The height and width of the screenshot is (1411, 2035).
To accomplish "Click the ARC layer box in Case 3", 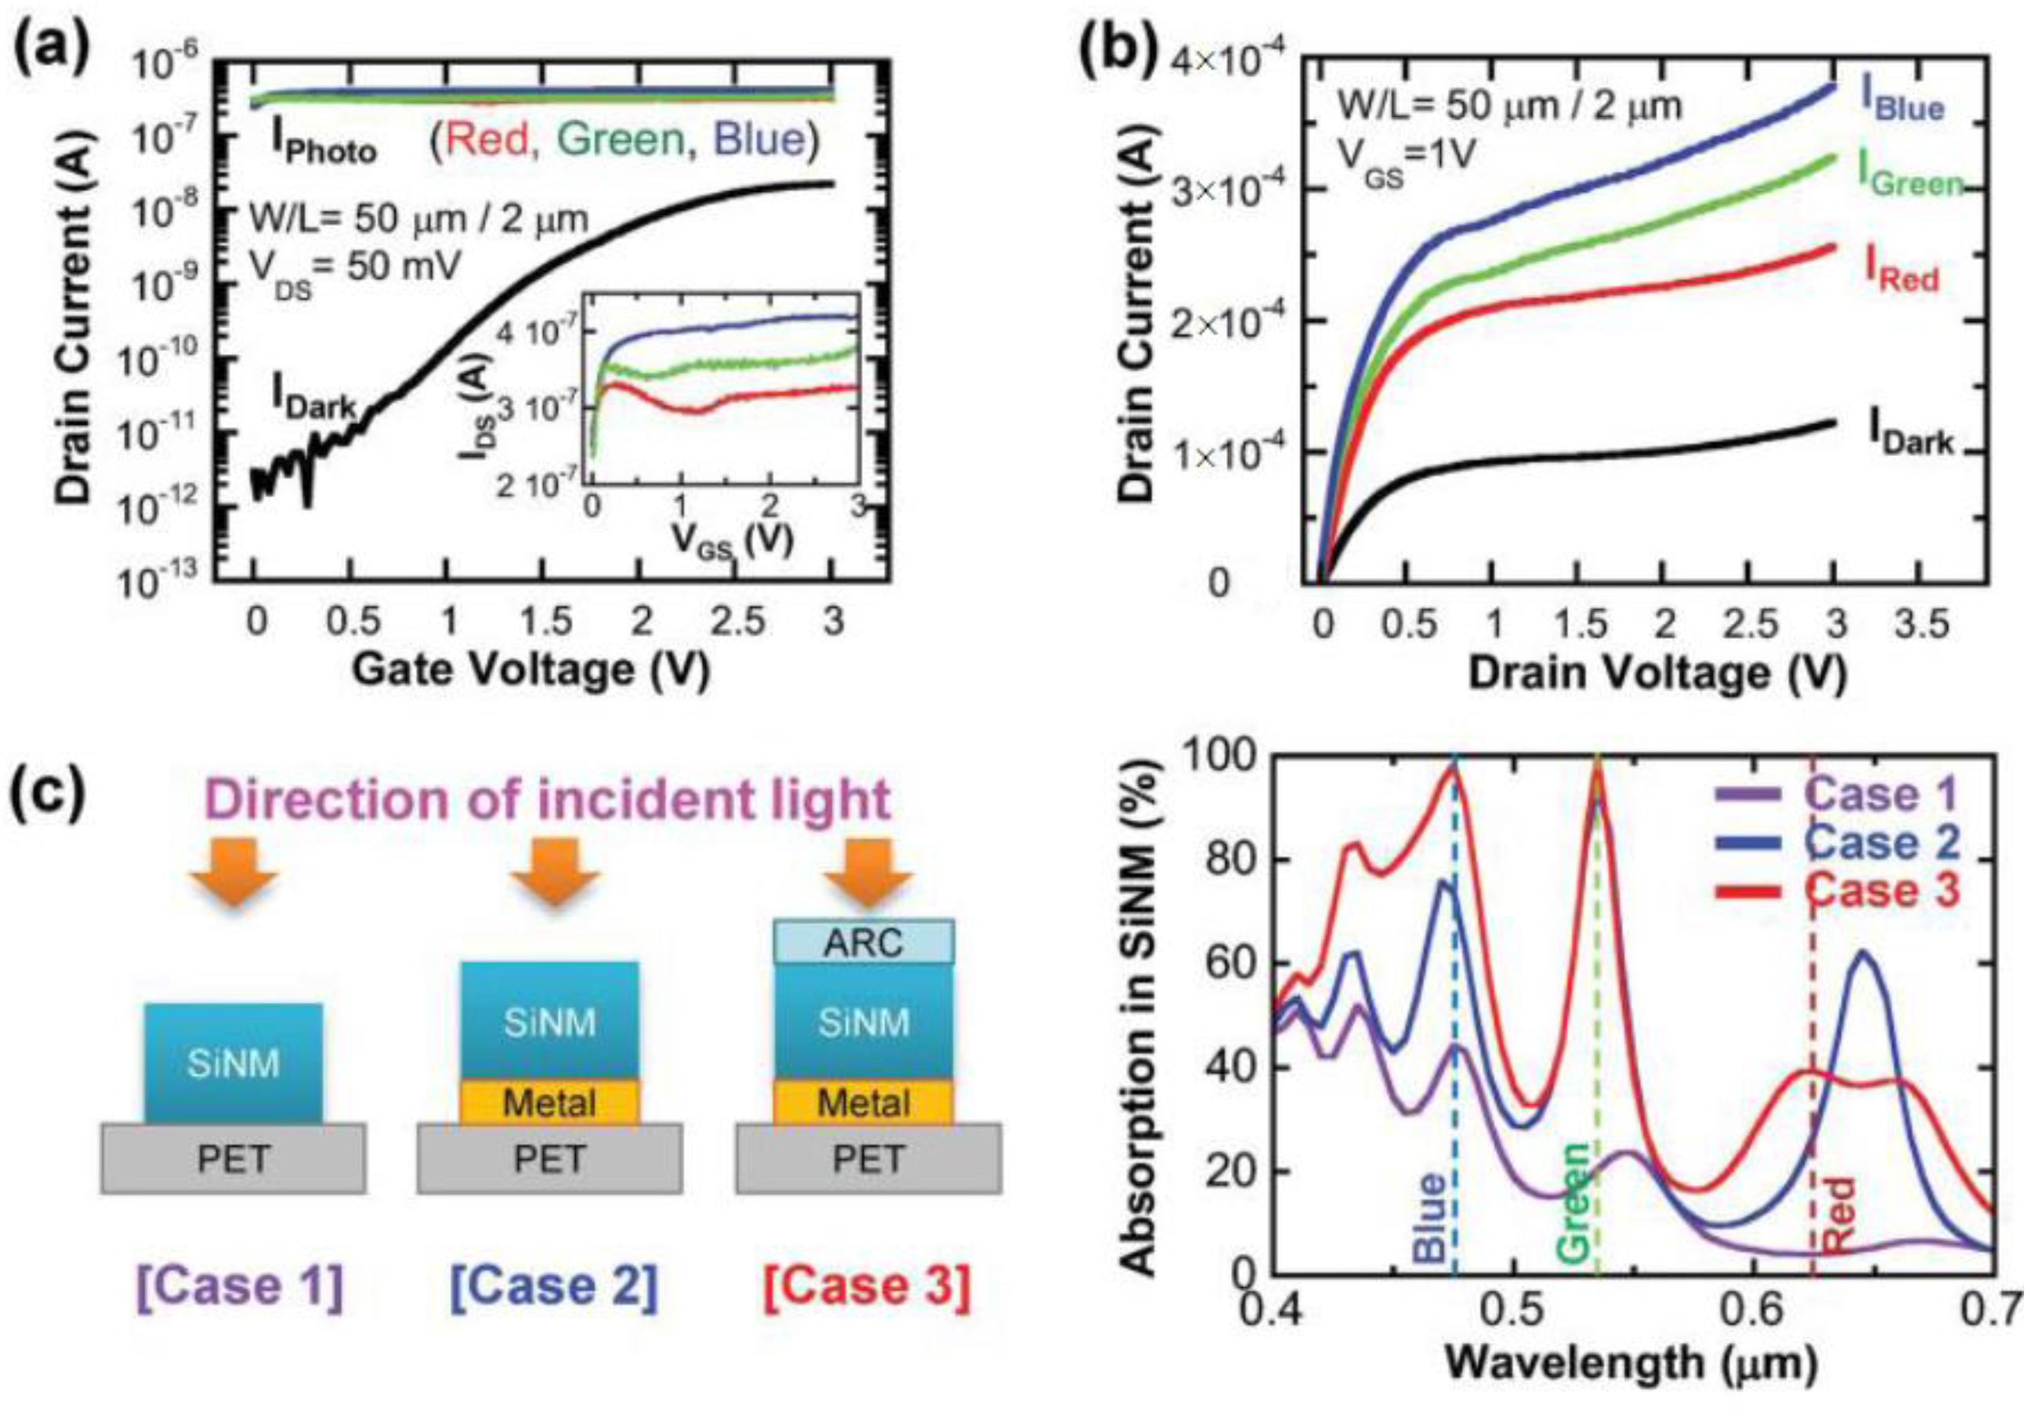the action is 864,941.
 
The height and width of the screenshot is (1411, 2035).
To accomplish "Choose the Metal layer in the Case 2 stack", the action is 549,1101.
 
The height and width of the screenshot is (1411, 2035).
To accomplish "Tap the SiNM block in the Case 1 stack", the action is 234,1063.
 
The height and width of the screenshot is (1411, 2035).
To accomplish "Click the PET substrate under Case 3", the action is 868,1158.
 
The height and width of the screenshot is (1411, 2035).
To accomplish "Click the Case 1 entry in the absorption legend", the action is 1838,793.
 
